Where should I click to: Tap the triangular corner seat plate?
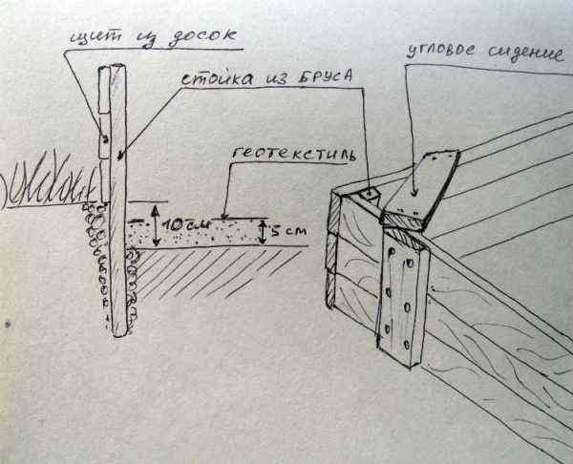[x=420, y=186]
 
